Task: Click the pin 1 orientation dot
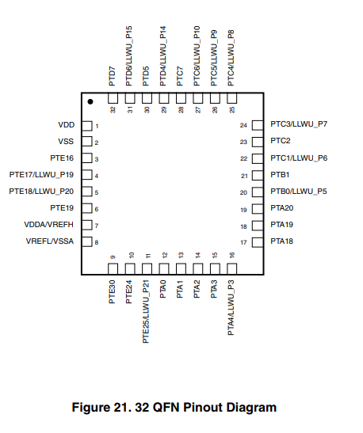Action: tap(90, 102)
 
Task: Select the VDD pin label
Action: tap(67, 125)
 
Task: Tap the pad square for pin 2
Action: tap(87, 142)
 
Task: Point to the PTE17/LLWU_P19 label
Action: tap(41, 175)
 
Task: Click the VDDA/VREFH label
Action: tap(48, 225)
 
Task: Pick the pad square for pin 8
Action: tap(87, 241)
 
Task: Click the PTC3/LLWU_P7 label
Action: tap(299, 124)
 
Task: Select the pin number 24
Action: tap(243, 125)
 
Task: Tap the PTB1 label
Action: tap(280, 175)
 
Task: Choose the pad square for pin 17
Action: tap(258, 242)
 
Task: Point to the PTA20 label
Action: tap(281, 208)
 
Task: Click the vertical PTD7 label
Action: tap(112, 76)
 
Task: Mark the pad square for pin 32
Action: tap(113, 98)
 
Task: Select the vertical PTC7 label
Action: tap(180, 76)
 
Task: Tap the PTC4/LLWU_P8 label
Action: tap(231, 58)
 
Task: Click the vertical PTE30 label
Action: tap(112, 292)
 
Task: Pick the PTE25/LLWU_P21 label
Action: tap(146, 312)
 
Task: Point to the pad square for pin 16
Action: tap(232, 268)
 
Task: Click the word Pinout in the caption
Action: tap(203, 408)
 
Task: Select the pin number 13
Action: tap(181, 255)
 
